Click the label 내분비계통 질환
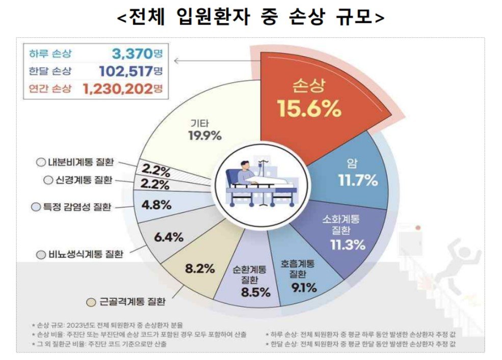pos(79,162)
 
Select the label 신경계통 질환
pos(83,180)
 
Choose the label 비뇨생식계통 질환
pos(84,254)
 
